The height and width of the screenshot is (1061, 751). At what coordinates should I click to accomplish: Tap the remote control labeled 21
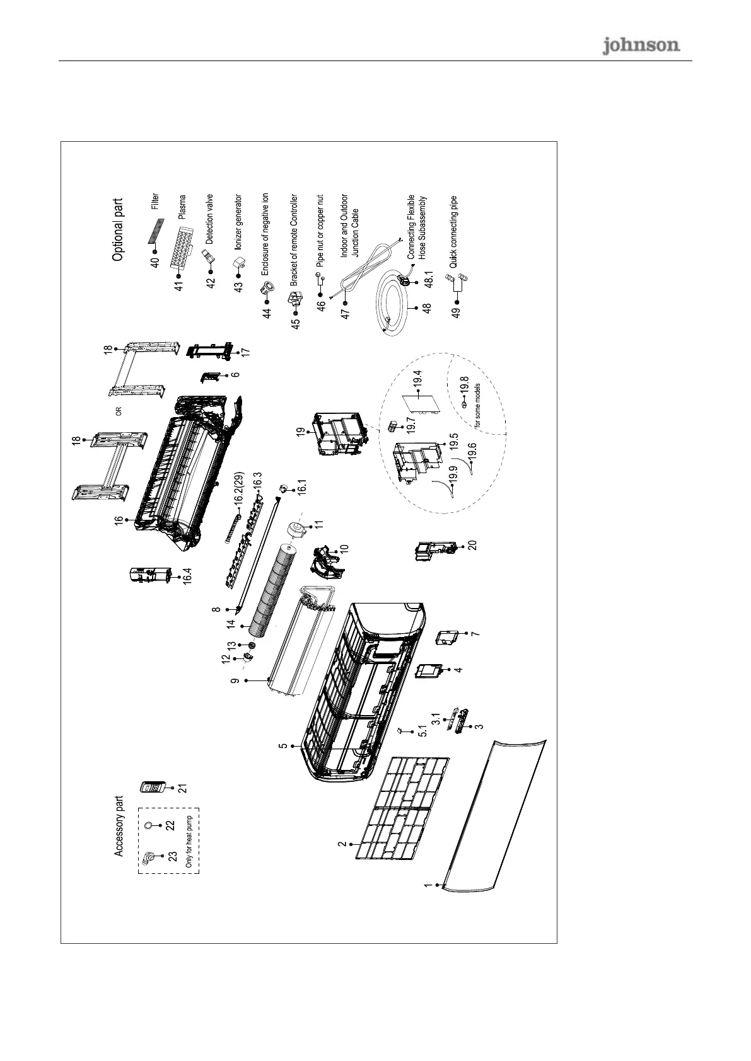[154, 787]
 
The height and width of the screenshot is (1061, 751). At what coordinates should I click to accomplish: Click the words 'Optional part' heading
[118, 230]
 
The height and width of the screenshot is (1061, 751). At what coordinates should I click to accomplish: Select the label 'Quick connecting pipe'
[453, 231]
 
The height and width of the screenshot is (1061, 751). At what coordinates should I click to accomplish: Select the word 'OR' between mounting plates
[118, 411]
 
